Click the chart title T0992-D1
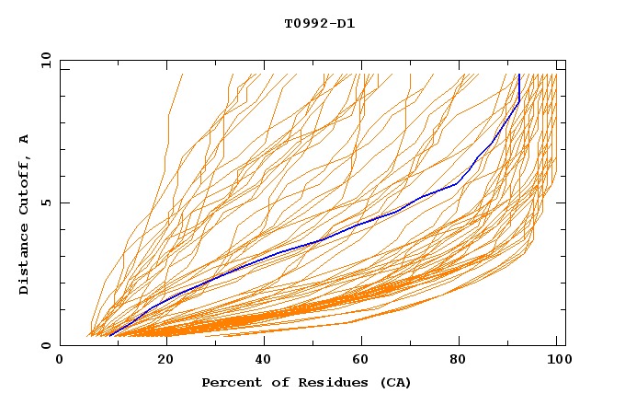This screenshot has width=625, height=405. tap(319, 23)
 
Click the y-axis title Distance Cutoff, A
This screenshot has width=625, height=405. tap(24, 214)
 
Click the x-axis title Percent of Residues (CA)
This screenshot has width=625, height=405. tap(306, 382)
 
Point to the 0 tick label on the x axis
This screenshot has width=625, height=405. tap(60, 360)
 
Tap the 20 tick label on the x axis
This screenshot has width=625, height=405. tap(159, 360)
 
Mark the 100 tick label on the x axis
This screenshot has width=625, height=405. tap(556, 360)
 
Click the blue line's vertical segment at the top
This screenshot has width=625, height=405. tap(519, 87)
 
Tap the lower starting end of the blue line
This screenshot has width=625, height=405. tap(110, 336)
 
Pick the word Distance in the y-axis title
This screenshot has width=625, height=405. tap(24, 258)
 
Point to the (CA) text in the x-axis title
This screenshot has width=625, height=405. tap(393, 382)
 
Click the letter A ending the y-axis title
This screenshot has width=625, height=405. tap(24, 139)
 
